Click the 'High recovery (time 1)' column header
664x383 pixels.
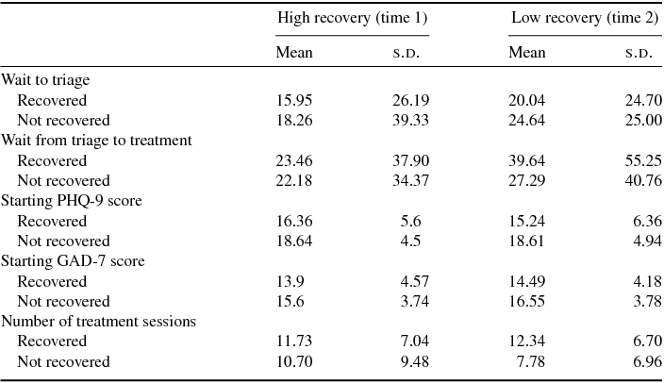coord(352,18)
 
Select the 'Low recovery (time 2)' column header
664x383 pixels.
coord(585,18)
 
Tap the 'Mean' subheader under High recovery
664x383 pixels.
coord(293,52)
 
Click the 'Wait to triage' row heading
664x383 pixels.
coord(45,80)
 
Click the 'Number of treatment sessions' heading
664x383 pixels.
coord(98,321)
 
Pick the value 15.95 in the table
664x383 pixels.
coord(293,100)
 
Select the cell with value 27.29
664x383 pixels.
coord(526,180)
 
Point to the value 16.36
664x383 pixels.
coord(293,221)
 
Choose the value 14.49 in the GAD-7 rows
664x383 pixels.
coord(526,281)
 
